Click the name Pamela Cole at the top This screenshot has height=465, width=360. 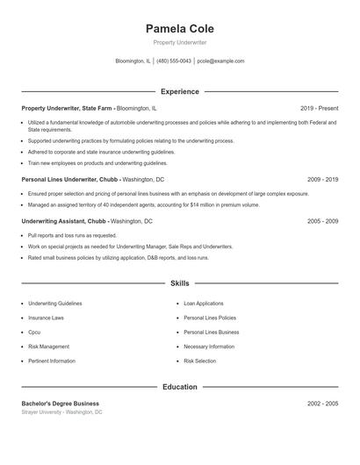click(x=179, y=28)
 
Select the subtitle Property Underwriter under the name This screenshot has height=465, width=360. click(x=179, y=43)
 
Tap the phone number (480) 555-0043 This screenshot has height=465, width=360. click(x=174, y=61)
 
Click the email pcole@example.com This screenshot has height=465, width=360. click(x=220, y=61)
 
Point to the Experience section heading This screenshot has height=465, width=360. click(x=179, y=91)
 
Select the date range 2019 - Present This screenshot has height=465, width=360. click(x=319, y=108)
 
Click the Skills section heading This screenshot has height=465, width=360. click(x=179, y=283)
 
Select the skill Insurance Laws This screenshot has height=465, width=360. click(x=46, y=318)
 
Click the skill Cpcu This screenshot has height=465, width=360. click(x=34, y=333)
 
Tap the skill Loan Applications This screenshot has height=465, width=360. click(x=204, y=304)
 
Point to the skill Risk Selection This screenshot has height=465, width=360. click(x=199, y=361)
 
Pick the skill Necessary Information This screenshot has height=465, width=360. click(x=209, y=347)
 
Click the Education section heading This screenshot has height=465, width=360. click(x=179, y=386)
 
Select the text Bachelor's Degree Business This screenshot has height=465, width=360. click(x=61, y=403)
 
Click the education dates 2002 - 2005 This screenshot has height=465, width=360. click(x=322, y=403)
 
